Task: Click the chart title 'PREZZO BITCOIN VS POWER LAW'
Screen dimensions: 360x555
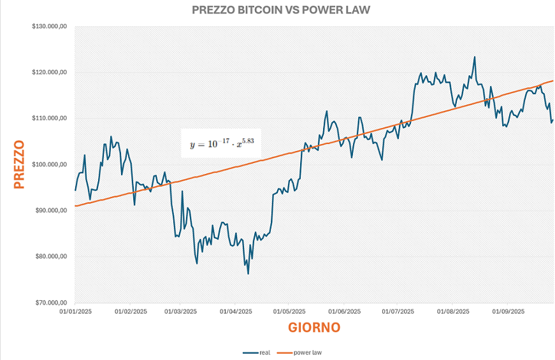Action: (280, 10)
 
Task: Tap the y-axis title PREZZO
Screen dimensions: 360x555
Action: (18, 164)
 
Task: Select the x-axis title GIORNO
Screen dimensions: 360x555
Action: (314, 328)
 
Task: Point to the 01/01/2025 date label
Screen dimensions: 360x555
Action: (76, 312)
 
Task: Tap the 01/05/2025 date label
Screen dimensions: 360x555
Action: (290, 312)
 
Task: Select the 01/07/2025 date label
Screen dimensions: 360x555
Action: (398, 312)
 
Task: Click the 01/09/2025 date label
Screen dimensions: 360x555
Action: (508, 312)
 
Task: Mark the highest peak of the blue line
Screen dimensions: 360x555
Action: (474, 57)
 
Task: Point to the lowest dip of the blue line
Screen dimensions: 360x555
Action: (248, 274)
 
